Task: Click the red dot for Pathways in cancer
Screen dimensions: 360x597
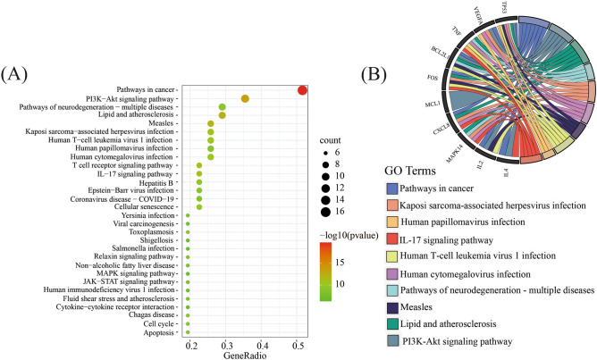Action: point(302,89)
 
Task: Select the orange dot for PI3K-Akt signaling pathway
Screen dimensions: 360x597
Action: point(245,98)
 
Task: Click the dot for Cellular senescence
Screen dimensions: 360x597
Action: point(199,206)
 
